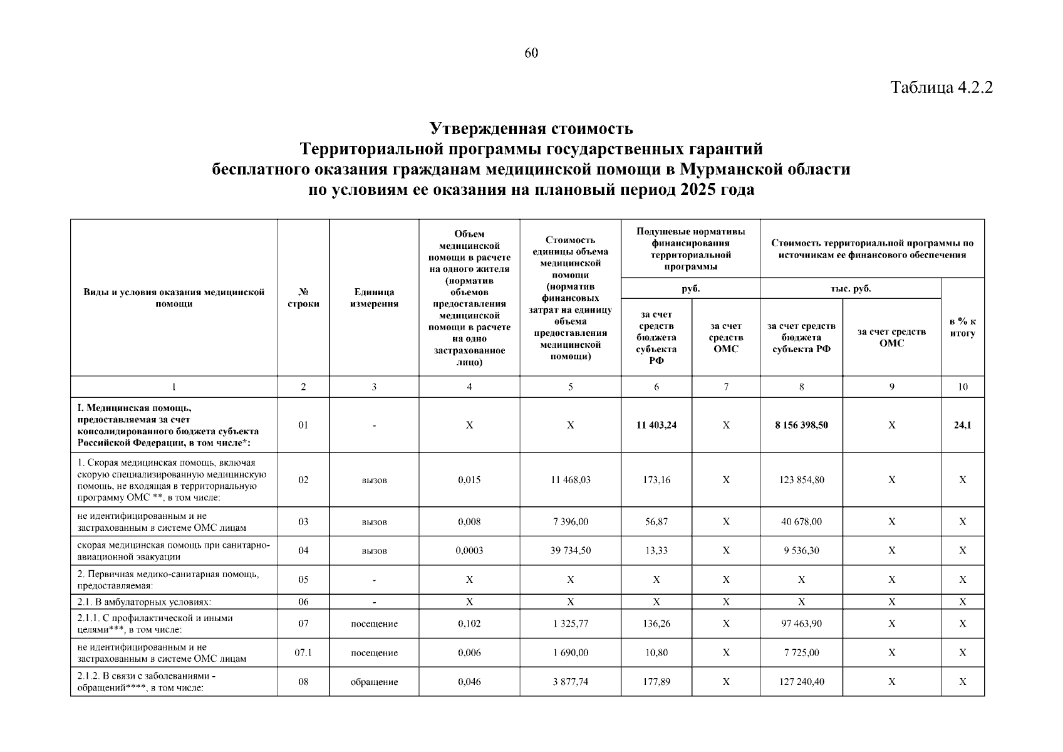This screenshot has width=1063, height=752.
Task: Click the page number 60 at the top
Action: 531,53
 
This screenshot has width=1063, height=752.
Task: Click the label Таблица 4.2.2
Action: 941,87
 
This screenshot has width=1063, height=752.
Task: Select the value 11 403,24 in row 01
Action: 656,425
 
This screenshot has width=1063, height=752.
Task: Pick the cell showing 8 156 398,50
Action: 801,425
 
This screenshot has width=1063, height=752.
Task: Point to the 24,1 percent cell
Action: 962,425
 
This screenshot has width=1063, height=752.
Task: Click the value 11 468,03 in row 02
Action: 570,480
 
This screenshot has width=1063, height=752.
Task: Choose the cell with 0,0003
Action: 469,551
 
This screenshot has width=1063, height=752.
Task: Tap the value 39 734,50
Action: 570,551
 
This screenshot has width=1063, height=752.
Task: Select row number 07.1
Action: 303,653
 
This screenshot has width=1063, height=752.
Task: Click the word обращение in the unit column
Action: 374,682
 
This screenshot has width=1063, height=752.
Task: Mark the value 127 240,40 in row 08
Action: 801,682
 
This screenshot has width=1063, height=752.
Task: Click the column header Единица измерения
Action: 374,298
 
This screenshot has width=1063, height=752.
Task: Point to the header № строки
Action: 303,298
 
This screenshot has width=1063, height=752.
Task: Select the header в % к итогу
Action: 962,327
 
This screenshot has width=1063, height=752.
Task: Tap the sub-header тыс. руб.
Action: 850,289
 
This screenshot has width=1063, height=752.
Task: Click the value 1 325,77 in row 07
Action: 570,624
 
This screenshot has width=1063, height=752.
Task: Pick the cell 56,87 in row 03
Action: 656,522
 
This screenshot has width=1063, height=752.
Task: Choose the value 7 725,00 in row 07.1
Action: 801,653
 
